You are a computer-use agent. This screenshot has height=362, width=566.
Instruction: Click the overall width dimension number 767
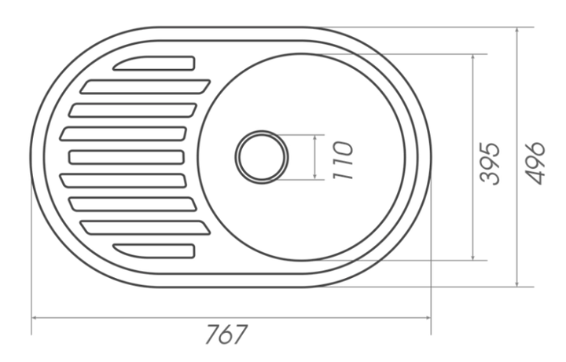(226, 335)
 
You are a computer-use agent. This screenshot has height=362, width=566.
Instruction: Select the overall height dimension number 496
(535, 163)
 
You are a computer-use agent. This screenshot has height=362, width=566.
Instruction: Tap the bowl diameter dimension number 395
(490, 163)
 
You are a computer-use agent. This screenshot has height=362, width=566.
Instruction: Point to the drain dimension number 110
(342, 160)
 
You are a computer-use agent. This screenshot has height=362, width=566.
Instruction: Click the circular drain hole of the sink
(262, 157)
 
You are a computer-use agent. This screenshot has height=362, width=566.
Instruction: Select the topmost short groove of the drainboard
(155, 63)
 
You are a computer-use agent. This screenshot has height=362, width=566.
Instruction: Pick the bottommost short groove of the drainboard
(155, 251)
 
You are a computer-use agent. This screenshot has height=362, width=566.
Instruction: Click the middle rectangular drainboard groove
(127, 157)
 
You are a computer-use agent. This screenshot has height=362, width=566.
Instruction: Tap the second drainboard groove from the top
(145, 86)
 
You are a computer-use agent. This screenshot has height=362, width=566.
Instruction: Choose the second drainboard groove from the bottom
(145, 228)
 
